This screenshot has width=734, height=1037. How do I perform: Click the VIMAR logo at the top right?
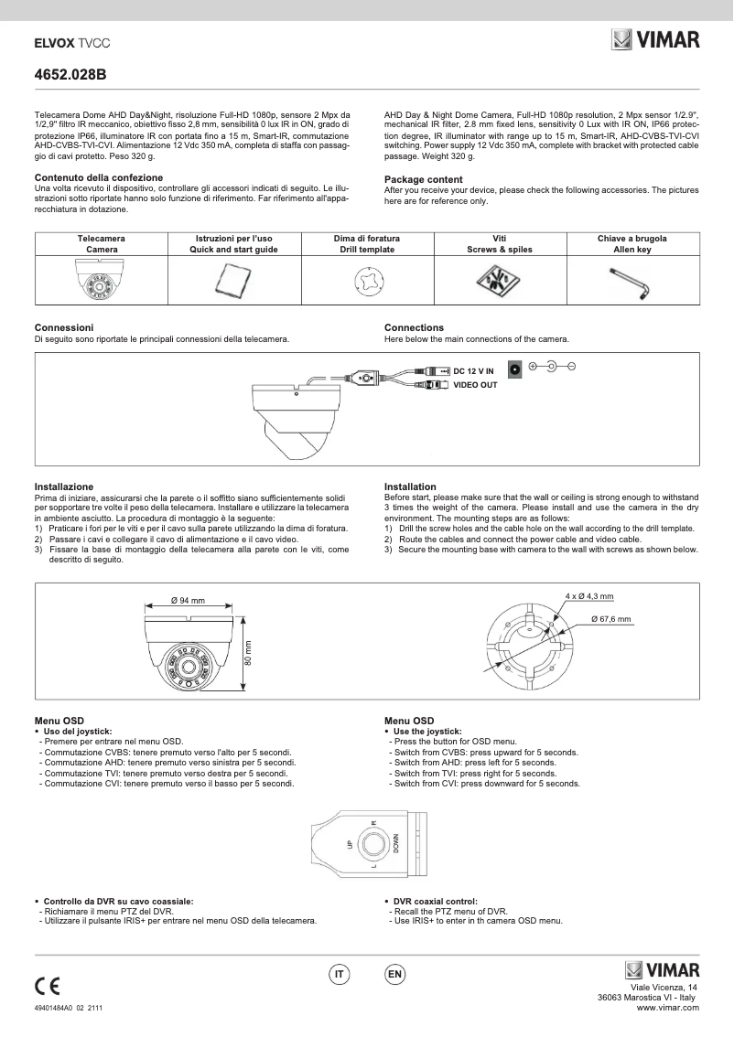654,39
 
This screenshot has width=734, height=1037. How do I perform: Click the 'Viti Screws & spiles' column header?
499,243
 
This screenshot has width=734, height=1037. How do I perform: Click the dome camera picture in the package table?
101,280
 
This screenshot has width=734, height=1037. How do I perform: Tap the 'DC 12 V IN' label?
473,370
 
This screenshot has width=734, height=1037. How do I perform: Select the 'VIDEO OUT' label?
475,385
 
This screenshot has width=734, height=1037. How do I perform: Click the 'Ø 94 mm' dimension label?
188,601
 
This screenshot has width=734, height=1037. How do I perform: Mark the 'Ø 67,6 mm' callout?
610,619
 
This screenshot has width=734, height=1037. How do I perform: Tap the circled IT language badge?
340,975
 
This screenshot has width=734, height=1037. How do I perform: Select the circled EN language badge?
394,975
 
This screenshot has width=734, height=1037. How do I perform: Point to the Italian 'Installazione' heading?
64,486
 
